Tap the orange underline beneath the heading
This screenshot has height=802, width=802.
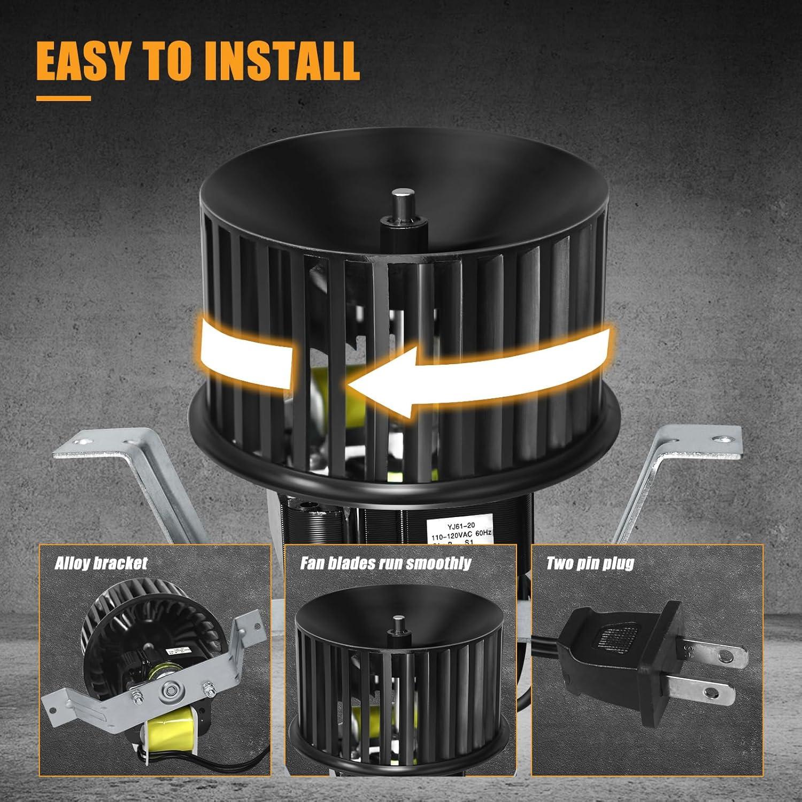pyautogui.click(x=64, y=98)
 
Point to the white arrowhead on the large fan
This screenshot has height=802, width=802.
pyautogui.click(x=374, y=381)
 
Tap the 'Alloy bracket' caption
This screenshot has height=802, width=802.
pyautogui.click(x=101, y=564)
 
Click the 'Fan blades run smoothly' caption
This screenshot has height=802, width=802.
pyautogui.click(x=385, y=564)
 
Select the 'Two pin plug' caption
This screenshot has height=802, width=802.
pyautogui.click(x=590, y=564)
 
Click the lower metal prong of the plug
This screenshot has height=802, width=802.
pyautogui.click(x=711, y=695)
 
